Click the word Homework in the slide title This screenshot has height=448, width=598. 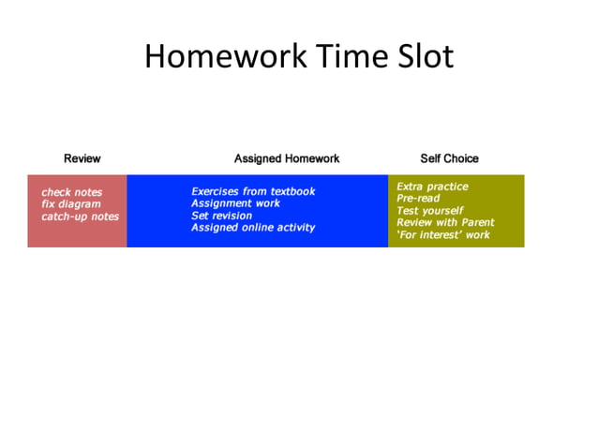pos(224,57)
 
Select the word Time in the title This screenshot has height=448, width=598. pos(346,57)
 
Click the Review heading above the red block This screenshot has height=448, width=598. pos(82,158)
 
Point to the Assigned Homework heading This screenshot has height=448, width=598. pos(287,158)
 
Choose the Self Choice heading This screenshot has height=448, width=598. pos(449,158)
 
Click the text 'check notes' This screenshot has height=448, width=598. pos(71,192)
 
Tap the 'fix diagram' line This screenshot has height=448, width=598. pos(70,204)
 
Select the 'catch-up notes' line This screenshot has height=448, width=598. pos(80,217)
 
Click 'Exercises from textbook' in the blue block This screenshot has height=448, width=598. pos(253,191)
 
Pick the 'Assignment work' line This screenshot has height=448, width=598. pos(235,203)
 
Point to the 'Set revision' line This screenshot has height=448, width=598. pos(222,216)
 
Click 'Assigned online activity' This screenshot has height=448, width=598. pos(253,228)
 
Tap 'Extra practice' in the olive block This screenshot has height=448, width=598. pos(432,187)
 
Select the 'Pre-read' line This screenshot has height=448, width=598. pos(418,199)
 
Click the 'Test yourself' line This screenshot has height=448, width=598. pos(429,211)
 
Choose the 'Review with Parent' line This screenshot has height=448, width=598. pos(445,223)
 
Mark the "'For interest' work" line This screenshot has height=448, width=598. pos(443,235)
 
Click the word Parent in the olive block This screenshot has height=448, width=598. pos(475,223)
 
